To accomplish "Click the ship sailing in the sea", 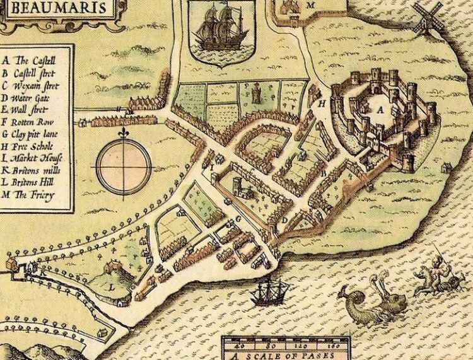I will (270, 291).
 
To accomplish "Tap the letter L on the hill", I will (112, 286).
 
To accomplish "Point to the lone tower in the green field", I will (257, 95).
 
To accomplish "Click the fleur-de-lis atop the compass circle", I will (123, 134).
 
